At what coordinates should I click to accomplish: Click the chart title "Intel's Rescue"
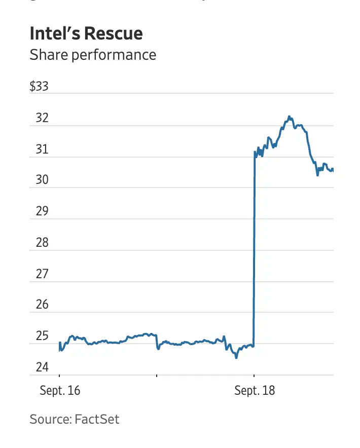click(x=86, y=33)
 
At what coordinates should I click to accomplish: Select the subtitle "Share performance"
click(x=93, y=55)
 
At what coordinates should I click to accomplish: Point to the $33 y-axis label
click(x=39, y=86)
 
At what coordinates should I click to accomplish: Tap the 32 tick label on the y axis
click(x=42, y=118)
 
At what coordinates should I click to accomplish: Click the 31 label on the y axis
click(x=42, y=150)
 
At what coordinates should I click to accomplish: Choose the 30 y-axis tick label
click(x=42, y=180)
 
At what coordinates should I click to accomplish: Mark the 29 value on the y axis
click(x=42, y=211)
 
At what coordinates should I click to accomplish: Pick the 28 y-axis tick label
click(x=42, y=243)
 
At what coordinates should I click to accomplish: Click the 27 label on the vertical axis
click(x=42, y=274)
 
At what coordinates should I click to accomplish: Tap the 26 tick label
click(x=42, y=305)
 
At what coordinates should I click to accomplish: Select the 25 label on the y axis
click(x=42, y=336)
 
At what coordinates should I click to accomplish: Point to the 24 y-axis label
click(x=42, y=367)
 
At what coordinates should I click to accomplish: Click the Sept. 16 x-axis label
click(x=60, y=391)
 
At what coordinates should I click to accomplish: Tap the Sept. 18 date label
click(x=255, y=391)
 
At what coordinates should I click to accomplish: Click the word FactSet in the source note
click(x=97, y=419)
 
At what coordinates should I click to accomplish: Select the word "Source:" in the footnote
click(x=50, y=419)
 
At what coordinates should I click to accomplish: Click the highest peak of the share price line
click(x=289, y=117)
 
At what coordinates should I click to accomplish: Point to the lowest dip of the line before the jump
click(x=236, y=358)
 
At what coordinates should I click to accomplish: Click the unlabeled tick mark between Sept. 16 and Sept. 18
click(x=157, y=376)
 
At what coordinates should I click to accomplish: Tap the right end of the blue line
click(x=333, y=170)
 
